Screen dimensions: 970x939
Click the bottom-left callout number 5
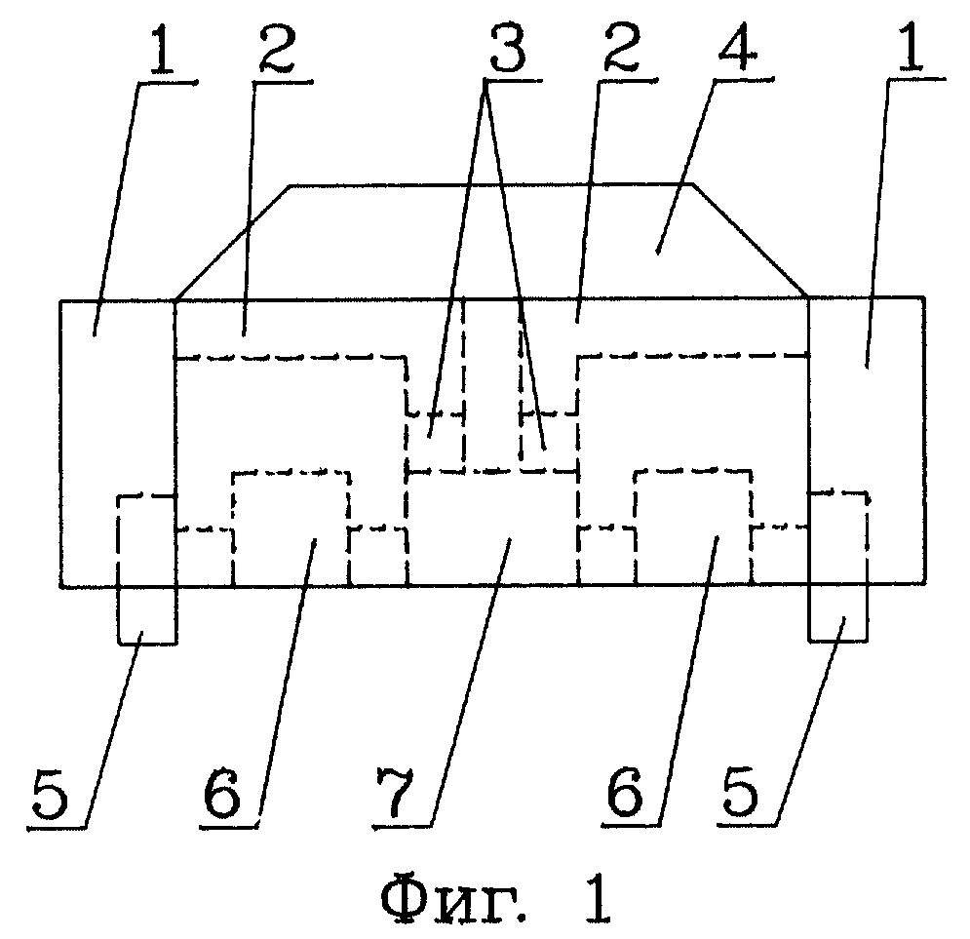pos(50,796)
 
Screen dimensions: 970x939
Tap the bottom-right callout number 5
pos(740,793)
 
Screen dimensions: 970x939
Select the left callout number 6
pos(222,796)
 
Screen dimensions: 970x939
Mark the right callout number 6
pos(626,793)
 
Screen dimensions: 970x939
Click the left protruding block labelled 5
pos(146,569)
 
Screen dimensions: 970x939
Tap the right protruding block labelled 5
pos(838,566)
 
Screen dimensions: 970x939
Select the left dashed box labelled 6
pos(291,528)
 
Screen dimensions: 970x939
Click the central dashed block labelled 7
pos(492,528)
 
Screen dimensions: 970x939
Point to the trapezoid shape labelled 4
pos(492,241)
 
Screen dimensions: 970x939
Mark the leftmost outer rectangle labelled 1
pos(118,443)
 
